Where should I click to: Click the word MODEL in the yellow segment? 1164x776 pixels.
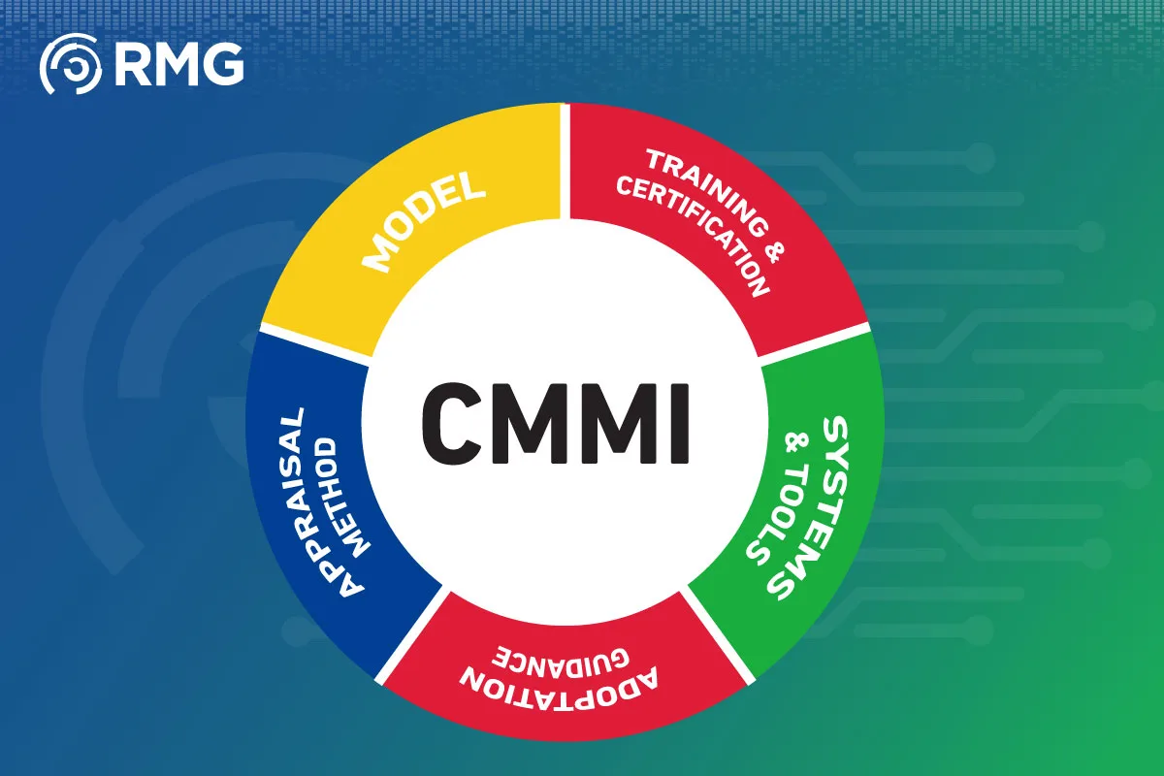423,222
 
